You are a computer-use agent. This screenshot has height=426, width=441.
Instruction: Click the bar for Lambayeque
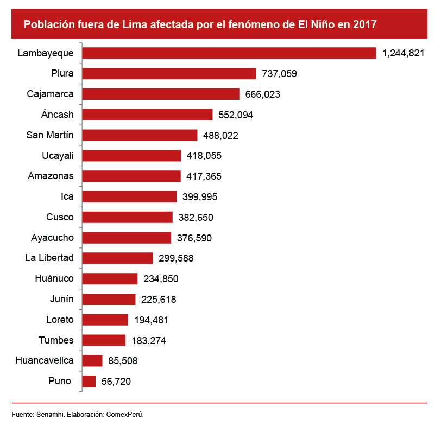229,53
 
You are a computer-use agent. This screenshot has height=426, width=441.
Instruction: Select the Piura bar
169,74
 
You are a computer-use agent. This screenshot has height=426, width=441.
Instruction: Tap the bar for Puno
89,382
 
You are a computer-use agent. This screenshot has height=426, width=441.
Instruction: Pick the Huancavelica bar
92,361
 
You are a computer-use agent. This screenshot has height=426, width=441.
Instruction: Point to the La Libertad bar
117,258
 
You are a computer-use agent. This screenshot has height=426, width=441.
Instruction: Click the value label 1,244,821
403,53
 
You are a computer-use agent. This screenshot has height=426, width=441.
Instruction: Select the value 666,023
262,94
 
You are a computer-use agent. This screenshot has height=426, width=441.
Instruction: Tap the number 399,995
200,197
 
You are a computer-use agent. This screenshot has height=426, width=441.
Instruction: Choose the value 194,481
151,320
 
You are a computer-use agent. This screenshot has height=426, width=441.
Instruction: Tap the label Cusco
60,217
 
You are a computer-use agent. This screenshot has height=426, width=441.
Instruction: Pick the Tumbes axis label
56,340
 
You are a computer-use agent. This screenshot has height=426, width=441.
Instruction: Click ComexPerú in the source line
125,414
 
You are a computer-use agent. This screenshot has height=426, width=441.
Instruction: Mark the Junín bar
108,300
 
